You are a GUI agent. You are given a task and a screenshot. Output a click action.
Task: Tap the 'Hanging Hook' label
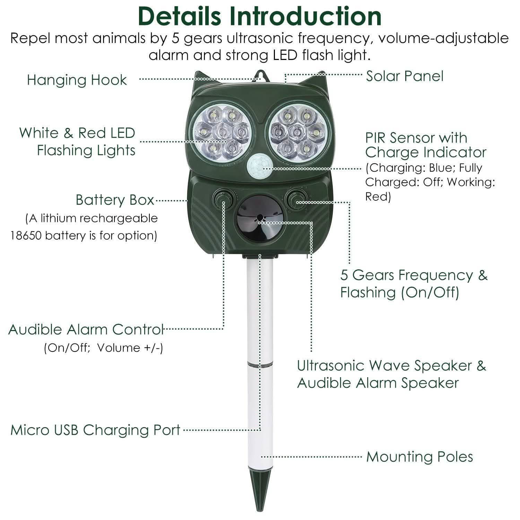click(x=77, y=80)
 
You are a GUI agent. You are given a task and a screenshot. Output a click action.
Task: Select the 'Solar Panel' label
click(x=405, y=76)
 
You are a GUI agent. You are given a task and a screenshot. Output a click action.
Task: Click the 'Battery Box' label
click(x=115, y=200)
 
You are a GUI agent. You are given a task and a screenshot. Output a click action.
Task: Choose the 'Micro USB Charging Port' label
click(x=95, y=430)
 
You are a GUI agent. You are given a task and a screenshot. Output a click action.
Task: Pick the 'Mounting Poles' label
click(x=419, y=457)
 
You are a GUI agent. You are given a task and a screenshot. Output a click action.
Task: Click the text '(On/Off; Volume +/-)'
click(x=103, y=347)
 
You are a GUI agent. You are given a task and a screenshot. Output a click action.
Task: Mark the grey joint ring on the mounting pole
click(x=260, y=365)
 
